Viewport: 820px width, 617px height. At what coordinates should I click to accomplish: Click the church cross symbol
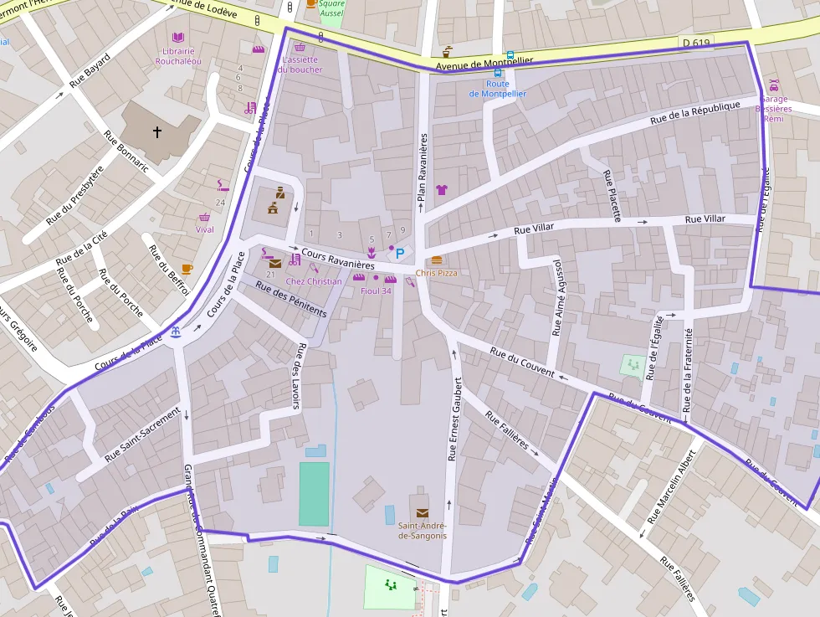(156, 131)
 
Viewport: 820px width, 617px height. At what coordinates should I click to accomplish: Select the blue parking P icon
(400, 253)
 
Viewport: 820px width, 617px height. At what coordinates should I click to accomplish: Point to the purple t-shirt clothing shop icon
(442, 190)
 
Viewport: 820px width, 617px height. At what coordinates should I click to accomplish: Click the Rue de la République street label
(695, 114)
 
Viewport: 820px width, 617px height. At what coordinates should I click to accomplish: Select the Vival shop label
(204, 229)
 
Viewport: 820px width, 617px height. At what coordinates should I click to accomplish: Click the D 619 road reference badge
(690, 41)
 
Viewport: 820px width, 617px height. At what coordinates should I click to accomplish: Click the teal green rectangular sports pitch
(315, 493)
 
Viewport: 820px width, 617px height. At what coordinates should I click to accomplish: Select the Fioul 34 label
(376, 291)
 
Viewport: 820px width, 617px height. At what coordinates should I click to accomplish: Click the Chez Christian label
(314, 281)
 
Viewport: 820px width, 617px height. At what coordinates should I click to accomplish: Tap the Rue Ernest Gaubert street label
(454, 418)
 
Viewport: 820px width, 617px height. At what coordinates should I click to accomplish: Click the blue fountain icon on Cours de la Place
(175, 332)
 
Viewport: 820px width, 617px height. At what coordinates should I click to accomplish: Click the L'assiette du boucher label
(300, 64)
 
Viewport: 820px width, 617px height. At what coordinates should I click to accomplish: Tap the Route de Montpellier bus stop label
(498, 89)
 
